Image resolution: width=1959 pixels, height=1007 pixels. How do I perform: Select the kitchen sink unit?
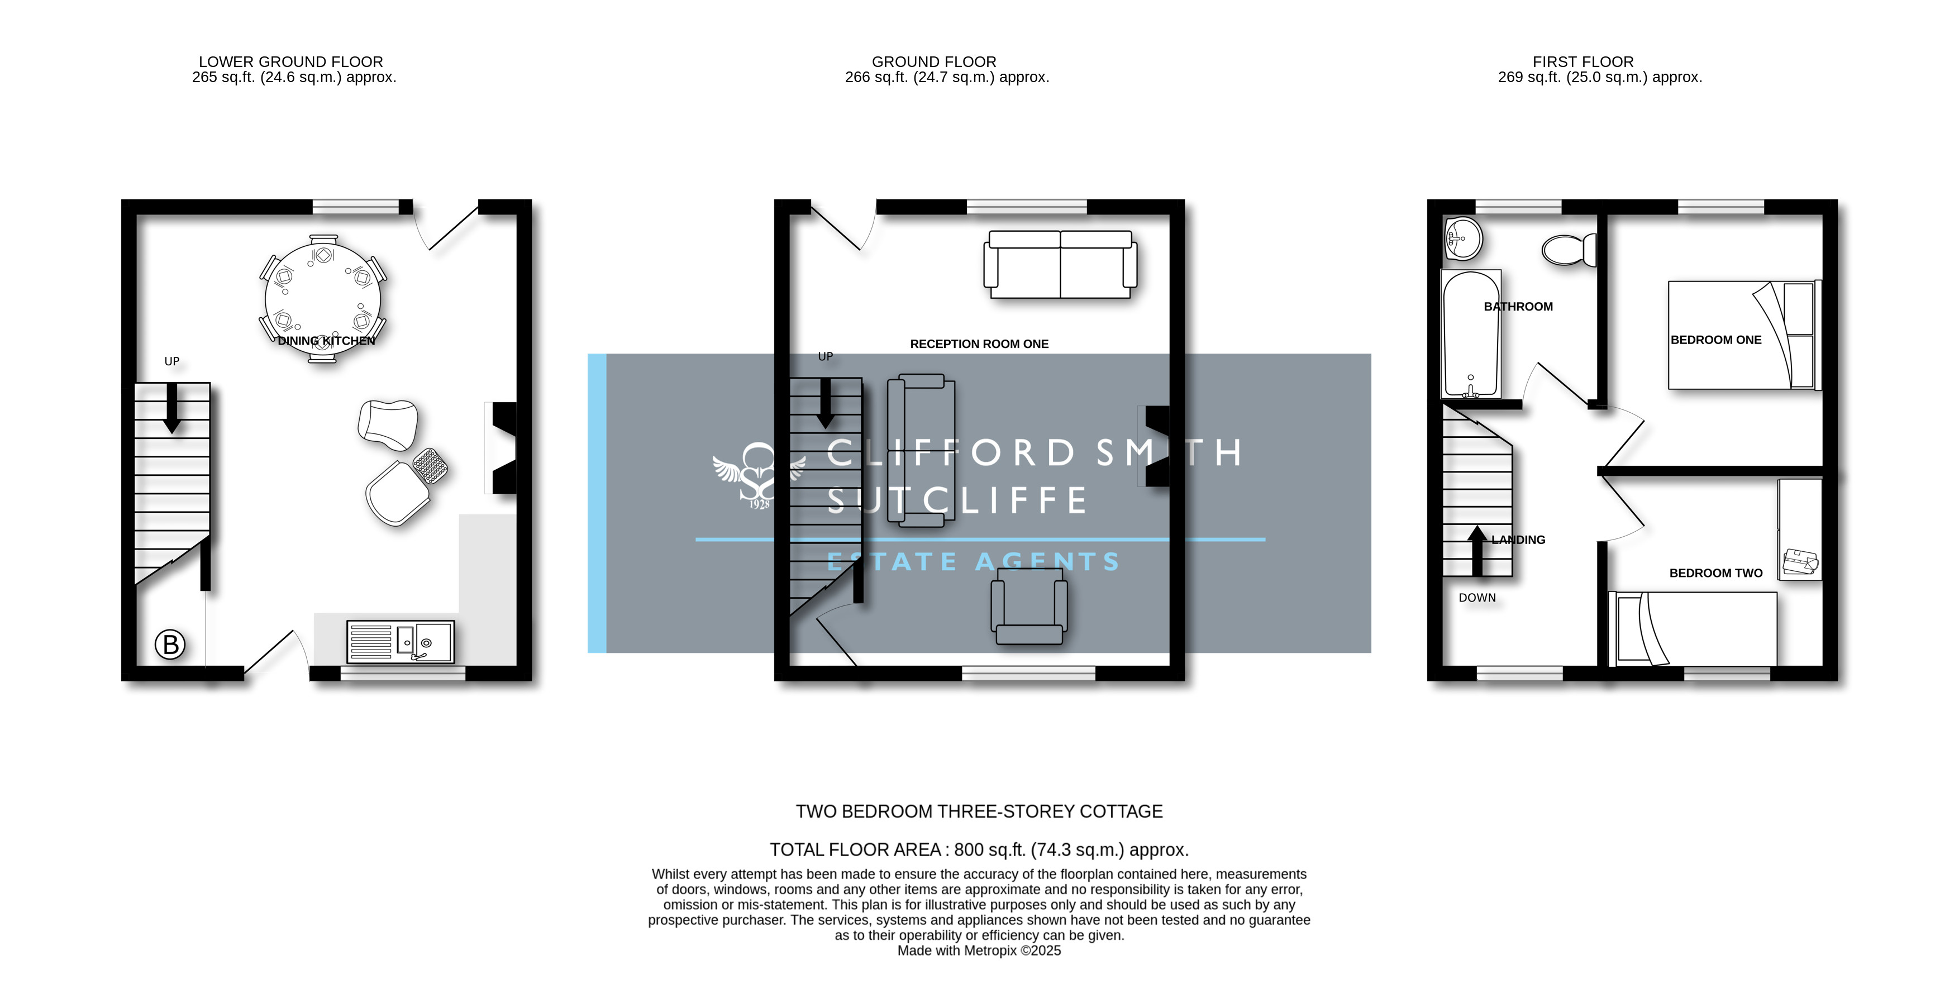400,642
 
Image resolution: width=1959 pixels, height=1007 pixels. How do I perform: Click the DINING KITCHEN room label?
326,341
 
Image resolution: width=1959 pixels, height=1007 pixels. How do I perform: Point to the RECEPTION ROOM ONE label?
979,344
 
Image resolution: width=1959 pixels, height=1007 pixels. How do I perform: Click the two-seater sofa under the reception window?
1060,265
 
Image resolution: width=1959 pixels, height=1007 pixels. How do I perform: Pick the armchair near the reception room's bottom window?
1029,611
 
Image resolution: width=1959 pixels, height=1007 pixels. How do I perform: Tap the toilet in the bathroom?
1568,250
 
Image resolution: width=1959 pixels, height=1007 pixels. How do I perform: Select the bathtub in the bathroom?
1471,334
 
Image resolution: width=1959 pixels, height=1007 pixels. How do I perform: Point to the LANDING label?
1518,540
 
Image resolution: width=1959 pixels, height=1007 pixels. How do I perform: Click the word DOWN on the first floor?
1477,598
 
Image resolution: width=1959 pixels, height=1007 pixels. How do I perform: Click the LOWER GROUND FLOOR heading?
290,61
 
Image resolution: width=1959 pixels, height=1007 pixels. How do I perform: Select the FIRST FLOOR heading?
1583,61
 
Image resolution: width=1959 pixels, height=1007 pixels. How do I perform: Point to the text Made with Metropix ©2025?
979,951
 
